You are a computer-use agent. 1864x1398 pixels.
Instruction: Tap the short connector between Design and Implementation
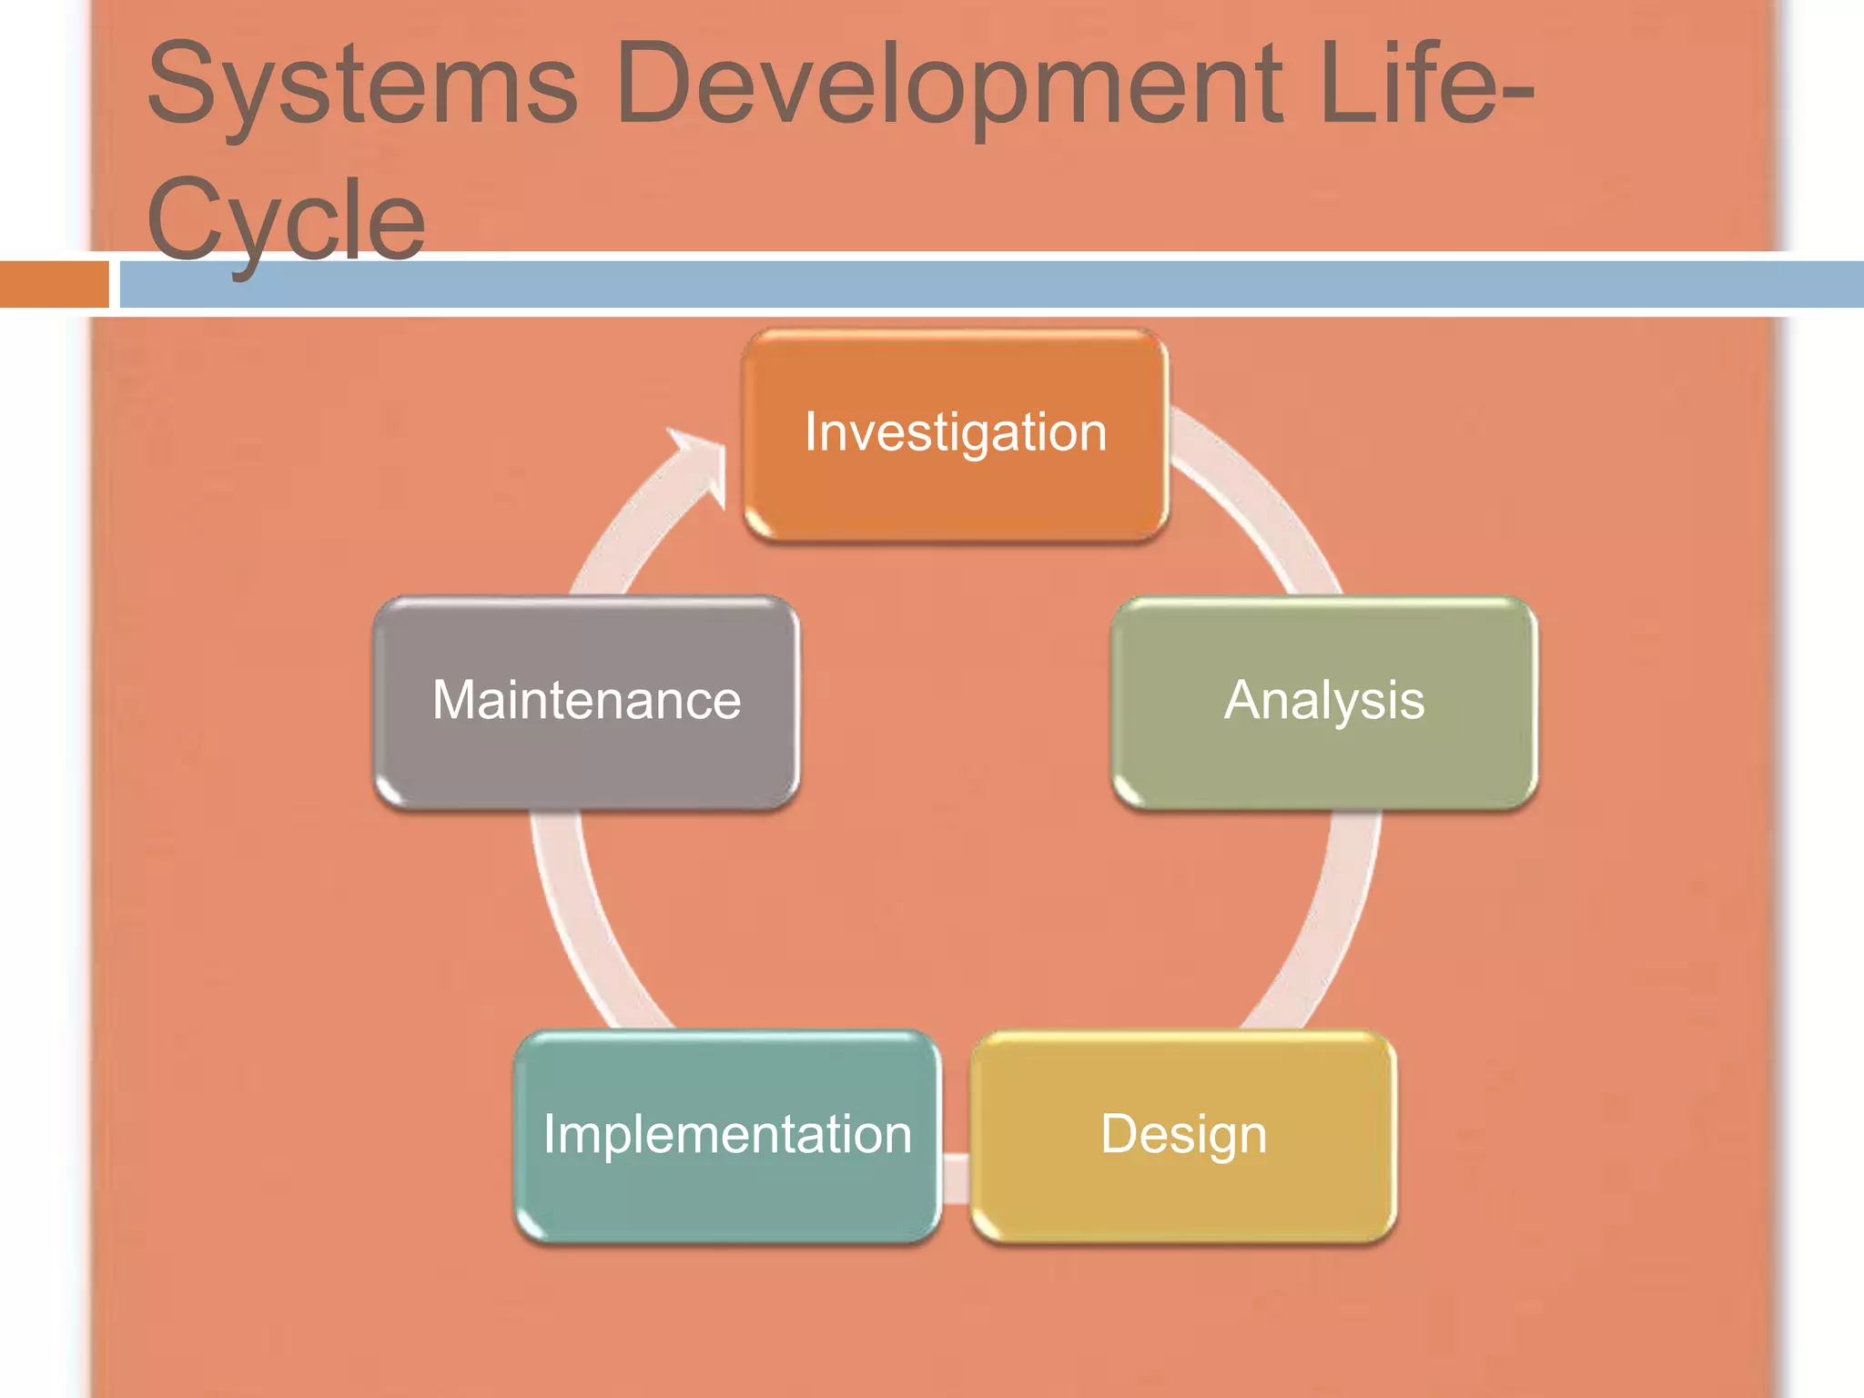[x=956, y=1178]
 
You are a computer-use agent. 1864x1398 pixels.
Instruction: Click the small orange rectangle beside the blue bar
[x=54, y=284]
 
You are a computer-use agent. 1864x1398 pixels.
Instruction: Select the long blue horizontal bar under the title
[x=992, y=284]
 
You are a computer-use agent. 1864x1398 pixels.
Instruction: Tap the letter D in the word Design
[x=1120, y=1133]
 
